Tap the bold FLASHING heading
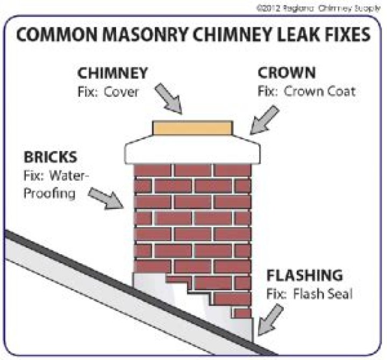305,276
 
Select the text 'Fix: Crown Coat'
306,91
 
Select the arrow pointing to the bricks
105,198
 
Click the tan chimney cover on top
192,127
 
